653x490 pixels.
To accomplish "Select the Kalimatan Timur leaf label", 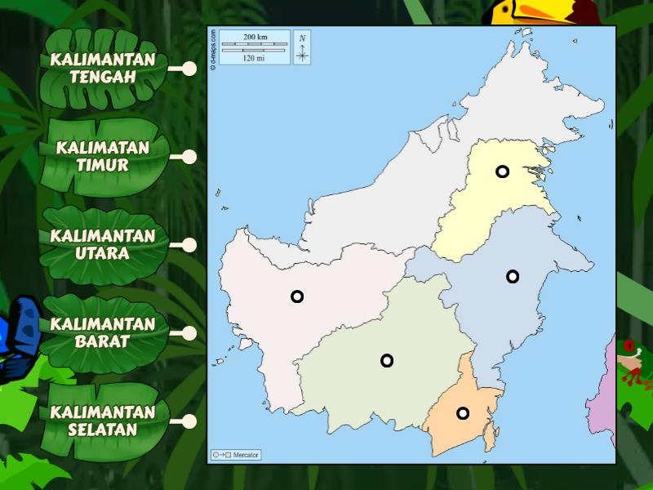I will (x=104, y=156).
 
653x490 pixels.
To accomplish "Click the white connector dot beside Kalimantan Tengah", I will (x=189, y=69).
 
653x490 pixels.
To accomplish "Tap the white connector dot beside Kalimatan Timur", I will (x=189, y=157).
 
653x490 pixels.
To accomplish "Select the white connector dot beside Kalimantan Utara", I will (x=189, y=245).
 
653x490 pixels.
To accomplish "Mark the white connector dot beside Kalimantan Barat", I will (x=189, y=333).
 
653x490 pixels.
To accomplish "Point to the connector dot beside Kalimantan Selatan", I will (x=189, y=421).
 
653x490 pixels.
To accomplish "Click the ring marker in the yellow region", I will (x=502, y=171).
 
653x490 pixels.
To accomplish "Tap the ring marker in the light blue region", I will (x=513, y=276).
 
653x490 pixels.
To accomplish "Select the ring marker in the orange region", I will (x=463, y=413).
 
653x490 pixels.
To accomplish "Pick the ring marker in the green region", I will (x=387, y=360).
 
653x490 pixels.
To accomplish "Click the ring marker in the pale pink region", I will (x=297, y=296).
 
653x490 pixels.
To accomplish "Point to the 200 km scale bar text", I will (x=255, y=38).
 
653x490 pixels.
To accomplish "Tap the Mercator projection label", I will (x=236, y=454).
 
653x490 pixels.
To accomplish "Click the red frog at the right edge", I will (x=629, y=363).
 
